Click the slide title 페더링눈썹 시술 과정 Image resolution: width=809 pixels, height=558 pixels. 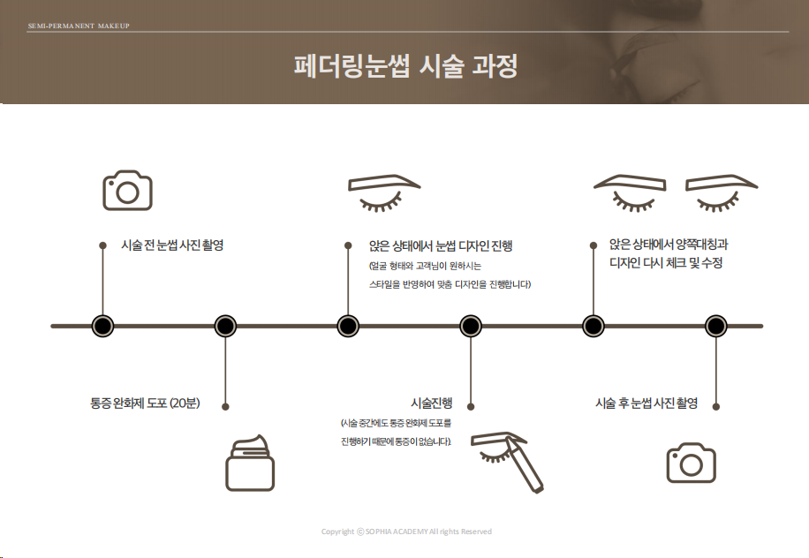tap(404, 67)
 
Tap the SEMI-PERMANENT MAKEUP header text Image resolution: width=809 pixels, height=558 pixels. tap(79, 26)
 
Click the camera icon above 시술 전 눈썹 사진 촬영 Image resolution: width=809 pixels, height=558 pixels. tap(127, 191)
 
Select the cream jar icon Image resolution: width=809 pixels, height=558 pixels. tap(250, 463)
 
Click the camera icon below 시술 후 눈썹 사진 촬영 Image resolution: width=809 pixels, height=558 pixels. tap(691, 463)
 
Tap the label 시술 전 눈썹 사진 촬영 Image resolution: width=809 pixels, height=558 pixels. tap(172, 245)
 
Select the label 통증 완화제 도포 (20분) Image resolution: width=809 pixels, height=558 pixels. tap(145, 403)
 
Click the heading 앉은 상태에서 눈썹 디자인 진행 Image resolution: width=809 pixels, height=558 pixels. tap(441, 246)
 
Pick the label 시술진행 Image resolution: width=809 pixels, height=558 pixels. tap(431, 403)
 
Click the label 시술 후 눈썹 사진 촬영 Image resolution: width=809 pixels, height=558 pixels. tap(646, 403)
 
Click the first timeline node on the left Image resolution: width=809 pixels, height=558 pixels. tap(103, 326)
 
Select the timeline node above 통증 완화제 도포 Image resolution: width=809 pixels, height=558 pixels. tap(225, 326)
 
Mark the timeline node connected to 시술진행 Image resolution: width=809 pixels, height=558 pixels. tap(471, 326)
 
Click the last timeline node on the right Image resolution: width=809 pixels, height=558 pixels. tap(715, 326)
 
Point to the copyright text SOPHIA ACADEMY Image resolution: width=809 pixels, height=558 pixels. tap(406, 532)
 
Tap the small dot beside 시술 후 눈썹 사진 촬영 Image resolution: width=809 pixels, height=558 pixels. tap(715, 406)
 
